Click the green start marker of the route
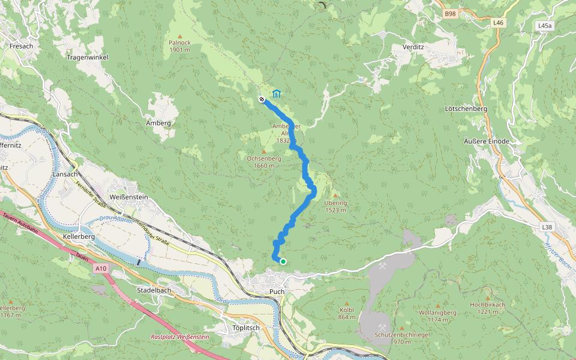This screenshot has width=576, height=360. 283,261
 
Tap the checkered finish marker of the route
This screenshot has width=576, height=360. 262,100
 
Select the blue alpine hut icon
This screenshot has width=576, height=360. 277,94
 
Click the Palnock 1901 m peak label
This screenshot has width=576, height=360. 180,46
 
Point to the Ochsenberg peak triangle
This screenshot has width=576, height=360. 263,151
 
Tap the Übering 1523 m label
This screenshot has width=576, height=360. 335,206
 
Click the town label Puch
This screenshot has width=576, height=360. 277,292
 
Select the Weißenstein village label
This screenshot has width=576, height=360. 128,197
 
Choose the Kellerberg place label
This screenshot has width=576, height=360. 79,238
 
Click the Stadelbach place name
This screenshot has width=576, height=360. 154,290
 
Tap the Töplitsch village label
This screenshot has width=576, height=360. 245,328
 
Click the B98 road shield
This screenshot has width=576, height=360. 450,13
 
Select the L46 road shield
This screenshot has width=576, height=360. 497,23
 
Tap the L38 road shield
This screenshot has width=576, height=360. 546,227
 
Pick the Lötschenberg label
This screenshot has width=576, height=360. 466,109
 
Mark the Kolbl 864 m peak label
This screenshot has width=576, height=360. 347,313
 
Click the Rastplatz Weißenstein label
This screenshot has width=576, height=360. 180,337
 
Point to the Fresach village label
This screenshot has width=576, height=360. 22,46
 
